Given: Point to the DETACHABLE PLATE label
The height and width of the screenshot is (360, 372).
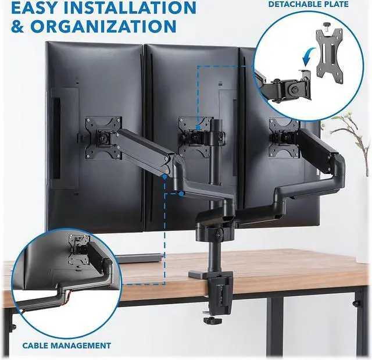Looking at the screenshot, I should click(x=308, y=4).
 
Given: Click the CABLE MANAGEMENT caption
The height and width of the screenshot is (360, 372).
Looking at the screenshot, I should click(x=66, y=345).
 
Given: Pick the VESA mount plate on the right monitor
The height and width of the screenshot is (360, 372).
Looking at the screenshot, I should click(x=285, y=137).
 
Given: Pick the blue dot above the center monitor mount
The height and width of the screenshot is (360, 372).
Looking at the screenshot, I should click(x=198, y=124).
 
